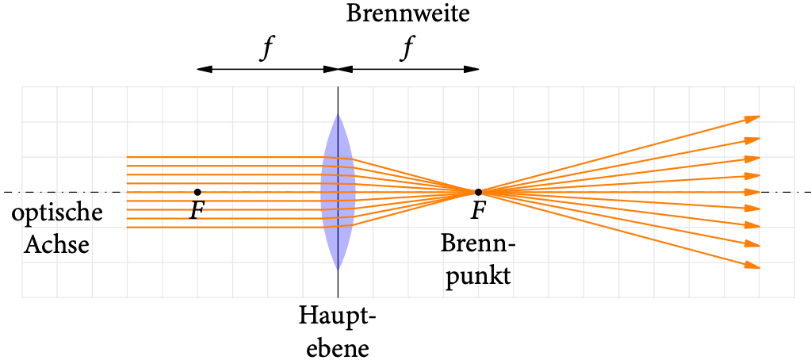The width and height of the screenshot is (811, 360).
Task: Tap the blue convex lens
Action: (x=338, y=192)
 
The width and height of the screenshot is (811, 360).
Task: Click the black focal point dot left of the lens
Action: (x=197, y=192)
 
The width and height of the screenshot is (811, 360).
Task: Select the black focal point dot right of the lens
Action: (x=478, y=192)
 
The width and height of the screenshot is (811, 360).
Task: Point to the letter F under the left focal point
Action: (x=197, y=211)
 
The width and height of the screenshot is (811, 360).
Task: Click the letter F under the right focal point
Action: (x=478, y=211)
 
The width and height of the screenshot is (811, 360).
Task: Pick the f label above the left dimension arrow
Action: (x=268, y=49)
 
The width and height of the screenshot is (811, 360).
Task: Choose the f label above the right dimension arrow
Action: (x=407, y=49)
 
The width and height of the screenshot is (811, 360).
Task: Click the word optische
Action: (x=56, y=214)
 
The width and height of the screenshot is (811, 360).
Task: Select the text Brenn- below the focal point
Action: (x=478, y=244)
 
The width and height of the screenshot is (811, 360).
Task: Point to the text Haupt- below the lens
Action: (x=338, y=316)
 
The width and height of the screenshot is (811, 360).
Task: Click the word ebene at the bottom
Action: (x=338, y=347)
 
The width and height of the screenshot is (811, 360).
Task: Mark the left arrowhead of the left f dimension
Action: (x=204, y=69)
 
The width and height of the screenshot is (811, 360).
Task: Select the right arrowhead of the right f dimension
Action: (x=472, y=69)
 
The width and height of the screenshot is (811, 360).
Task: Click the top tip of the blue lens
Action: (x=338, y=115)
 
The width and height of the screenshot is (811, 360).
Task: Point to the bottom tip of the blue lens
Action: (x=338, y=269)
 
